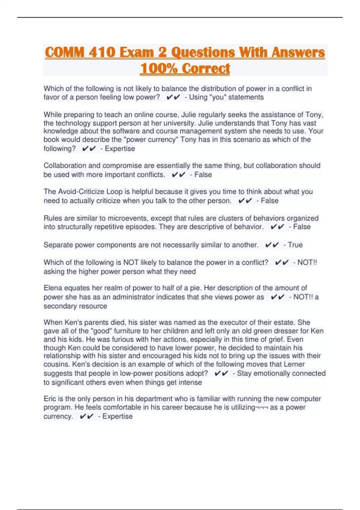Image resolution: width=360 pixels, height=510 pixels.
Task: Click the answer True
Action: [x=295, y=245]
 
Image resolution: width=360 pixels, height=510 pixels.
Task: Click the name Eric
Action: [x=49, y=399]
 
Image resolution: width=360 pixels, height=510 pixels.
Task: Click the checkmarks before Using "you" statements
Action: [x=173, y=97]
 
